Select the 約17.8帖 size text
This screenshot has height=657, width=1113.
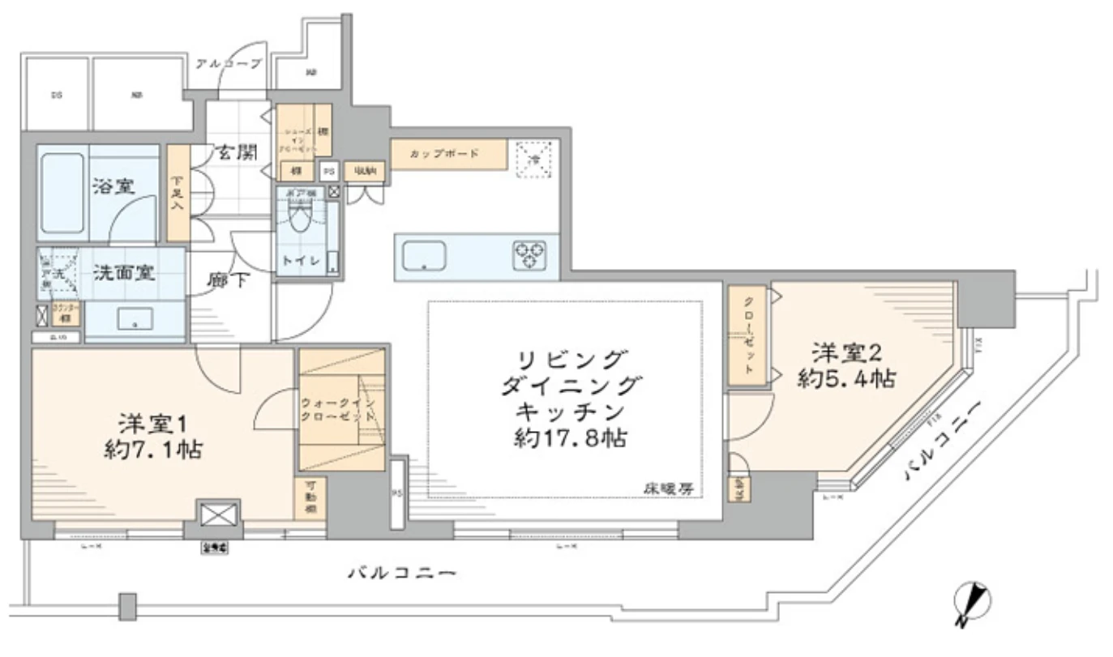(x=572, y=438)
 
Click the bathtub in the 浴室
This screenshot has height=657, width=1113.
(x=62, y=191)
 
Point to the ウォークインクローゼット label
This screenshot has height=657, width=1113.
(x=338, y=409)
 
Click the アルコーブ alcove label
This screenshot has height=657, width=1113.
(x=229, y=63)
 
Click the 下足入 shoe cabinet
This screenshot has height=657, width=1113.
(x=178, y=193)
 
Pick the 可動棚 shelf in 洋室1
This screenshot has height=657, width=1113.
(x=310, y=496)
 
